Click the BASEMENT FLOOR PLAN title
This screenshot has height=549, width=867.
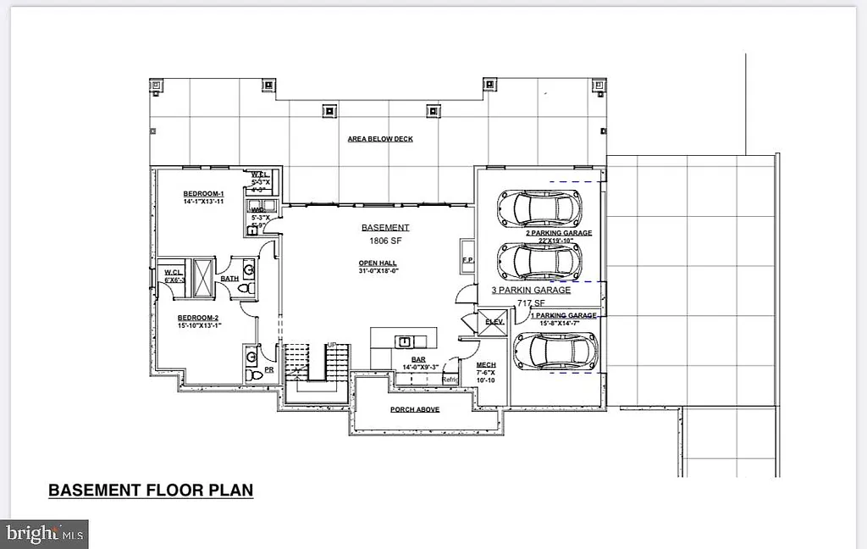click(151, 490)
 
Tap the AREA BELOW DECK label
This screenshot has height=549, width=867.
click(380, 138)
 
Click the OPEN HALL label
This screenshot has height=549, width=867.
click(378, 263)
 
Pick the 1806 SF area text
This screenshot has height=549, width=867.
click(385, 241)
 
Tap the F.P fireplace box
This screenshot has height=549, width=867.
click(467, 260)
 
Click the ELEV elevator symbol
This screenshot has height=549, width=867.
click(492, 321)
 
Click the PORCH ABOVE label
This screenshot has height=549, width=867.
click(414, 409)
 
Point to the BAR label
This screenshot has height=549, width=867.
click(417, 359)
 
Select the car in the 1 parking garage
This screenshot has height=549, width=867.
click(555, 351)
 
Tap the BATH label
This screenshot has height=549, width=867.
click(229, 278)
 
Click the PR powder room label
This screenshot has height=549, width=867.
click(269, 370)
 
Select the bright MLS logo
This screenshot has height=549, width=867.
click(44, 534)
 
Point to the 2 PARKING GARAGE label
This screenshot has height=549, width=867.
click(558, 232)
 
